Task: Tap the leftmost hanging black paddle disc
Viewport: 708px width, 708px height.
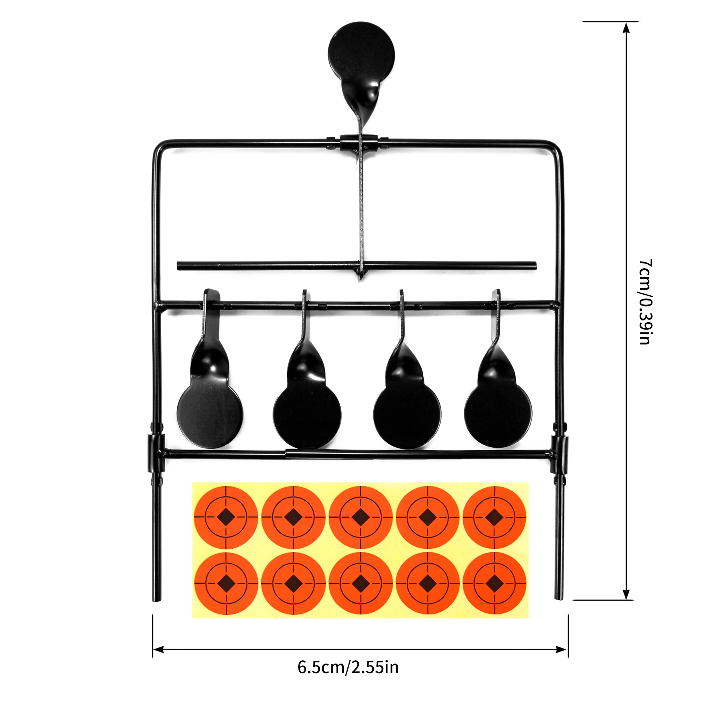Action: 210,416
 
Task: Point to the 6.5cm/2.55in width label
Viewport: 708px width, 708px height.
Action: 348,667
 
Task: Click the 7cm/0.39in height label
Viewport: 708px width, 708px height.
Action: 645,302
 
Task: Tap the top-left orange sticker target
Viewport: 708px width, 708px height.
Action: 226,517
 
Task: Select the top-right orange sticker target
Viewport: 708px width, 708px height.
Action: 494,517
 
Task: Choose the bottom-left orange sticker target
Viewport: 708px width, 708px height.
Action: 226,583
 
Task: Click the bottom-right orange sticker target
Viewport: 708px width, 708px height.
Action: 494,583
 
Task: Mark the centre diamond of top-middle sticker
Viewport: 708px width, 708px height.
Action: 360,517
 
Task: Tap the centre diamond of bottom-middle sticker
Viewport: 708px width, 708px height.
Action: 360,583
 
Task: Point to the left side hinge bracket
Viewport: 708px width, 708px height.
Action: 156,453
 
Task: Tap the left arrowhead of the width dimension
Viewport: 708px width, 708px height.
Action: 158,649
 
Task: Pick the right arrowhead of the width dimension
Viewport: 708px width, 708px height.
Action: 562,649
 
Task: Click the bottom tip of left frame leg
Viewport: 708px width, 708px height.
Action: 157,600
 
